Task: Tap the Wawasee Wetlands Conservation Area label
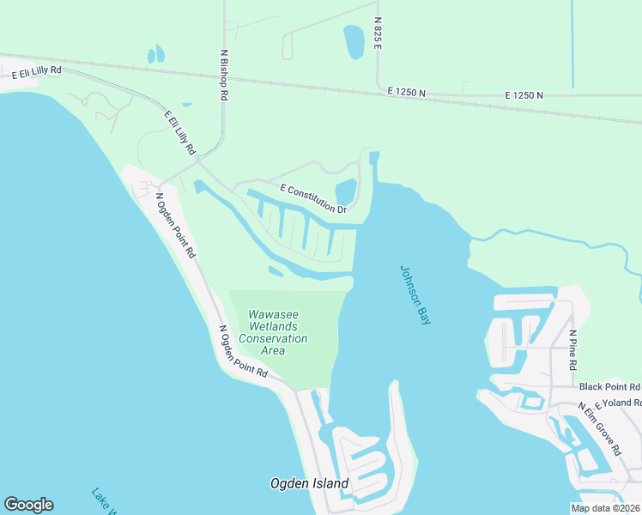(273, 332)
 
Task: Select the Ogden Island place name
(311, 484)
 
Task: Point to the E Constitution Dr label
(313, 198)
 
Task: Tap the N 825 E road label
(377, 32)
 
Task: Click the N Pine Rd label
(572, 349)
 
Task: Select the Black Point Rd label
(609, 387)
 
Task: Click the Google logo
(28, 505)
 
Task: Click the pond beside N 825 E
(354, 40)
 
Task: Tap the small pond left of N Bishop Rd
(155, 55)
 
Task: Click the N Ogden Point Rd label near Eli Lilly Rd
(176, 224)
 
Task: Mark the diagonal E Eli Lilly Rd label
(180, 133)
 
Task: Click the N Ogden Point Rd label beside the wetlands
(243, 352)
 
